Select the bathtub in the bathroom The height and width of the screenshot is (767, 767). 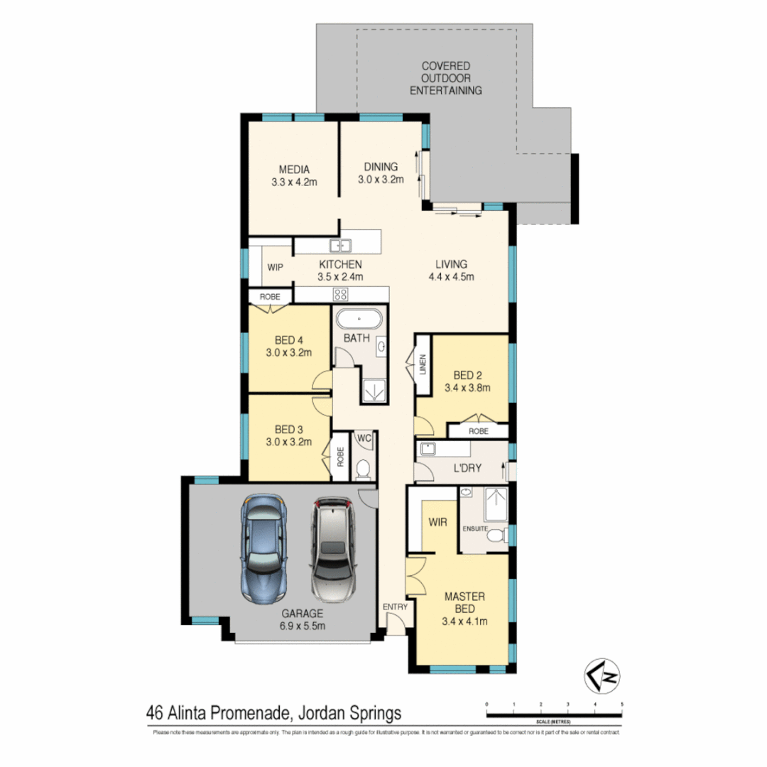point(359,317)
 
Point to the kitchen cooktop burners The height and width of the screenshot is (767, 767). point(340,295)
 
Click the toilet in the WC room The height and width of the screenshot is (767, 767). point(364,468)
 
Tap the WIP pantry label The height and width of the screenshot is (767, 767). point(276,268)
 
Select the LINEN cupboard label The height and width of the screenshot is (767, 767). point(423,365)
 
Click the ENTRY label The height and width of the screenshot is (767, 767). point(394,606)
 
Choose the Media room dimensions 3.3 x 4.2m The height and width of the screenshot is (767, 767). point(293,182)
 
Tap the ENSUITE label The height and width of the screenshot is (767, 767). point(474,528)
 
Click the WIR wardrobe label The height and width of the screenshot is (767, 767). point(437,522)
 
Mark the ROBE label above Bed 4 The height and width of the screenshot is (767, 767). point(269,296)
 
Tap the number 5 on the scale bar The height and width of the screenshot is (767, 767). point(622,705)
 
